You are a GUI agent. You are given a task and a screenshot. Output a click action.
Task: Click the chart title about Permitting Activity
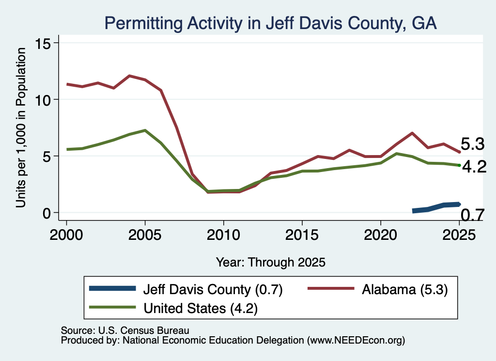[x=270, y=23]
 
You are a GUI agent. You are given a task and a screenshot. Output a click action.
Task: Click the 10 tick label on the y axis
[x=43, y=100]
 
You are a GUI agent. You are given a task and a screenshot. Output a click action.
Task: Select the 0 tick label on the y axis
[x=47, y=213]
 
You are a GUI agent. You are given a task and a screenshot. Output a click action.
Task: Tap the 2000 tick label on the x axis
[x=66, y=235]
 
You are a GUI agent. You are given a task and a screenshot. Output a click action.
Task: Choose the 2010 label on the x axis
[x=224, y=235]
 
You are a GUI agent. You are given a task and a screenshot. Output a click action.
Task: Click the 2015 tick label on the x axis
[x=302, y=235]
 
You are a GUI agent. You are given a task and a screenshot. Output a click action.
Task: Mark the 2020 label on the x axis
[x=381, y=235]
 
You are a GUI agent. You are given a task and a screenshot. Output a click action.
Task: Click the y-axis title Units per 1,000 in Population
[x=21, y=127]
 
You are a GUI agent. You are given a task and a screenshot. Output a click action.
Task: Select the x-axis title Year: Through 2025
[x=270, y=262]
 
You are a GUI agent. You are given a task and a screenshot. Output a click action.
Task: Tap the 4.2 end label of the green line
[x=474, y=167]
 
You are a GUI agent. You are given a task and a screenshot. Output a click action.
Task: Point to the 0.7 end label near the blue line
[x=472, y=215]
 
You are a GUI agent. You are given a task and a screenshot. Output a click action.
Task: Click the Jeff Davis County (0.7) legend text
[x=213, y=289]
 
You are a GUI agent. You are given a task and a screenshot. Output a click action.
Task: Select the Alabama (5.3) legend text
[x=405, y=289]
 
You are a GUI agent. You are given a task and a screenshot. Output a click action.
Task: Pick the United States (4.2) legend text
[x=201, y=308]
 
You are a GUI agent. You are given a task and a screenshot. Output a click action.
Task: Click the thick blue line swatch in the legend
[x=112, y=288]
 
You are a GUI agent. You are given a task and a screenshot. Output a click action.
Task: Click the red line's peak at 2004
[x=129, y=76]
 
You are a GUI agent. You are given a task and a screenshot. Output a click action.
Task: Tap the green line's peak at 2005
[x=145, y=130]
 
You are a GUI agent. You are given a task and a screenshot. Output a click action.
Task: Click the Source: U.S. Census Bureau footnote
[x=125, y=330]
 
